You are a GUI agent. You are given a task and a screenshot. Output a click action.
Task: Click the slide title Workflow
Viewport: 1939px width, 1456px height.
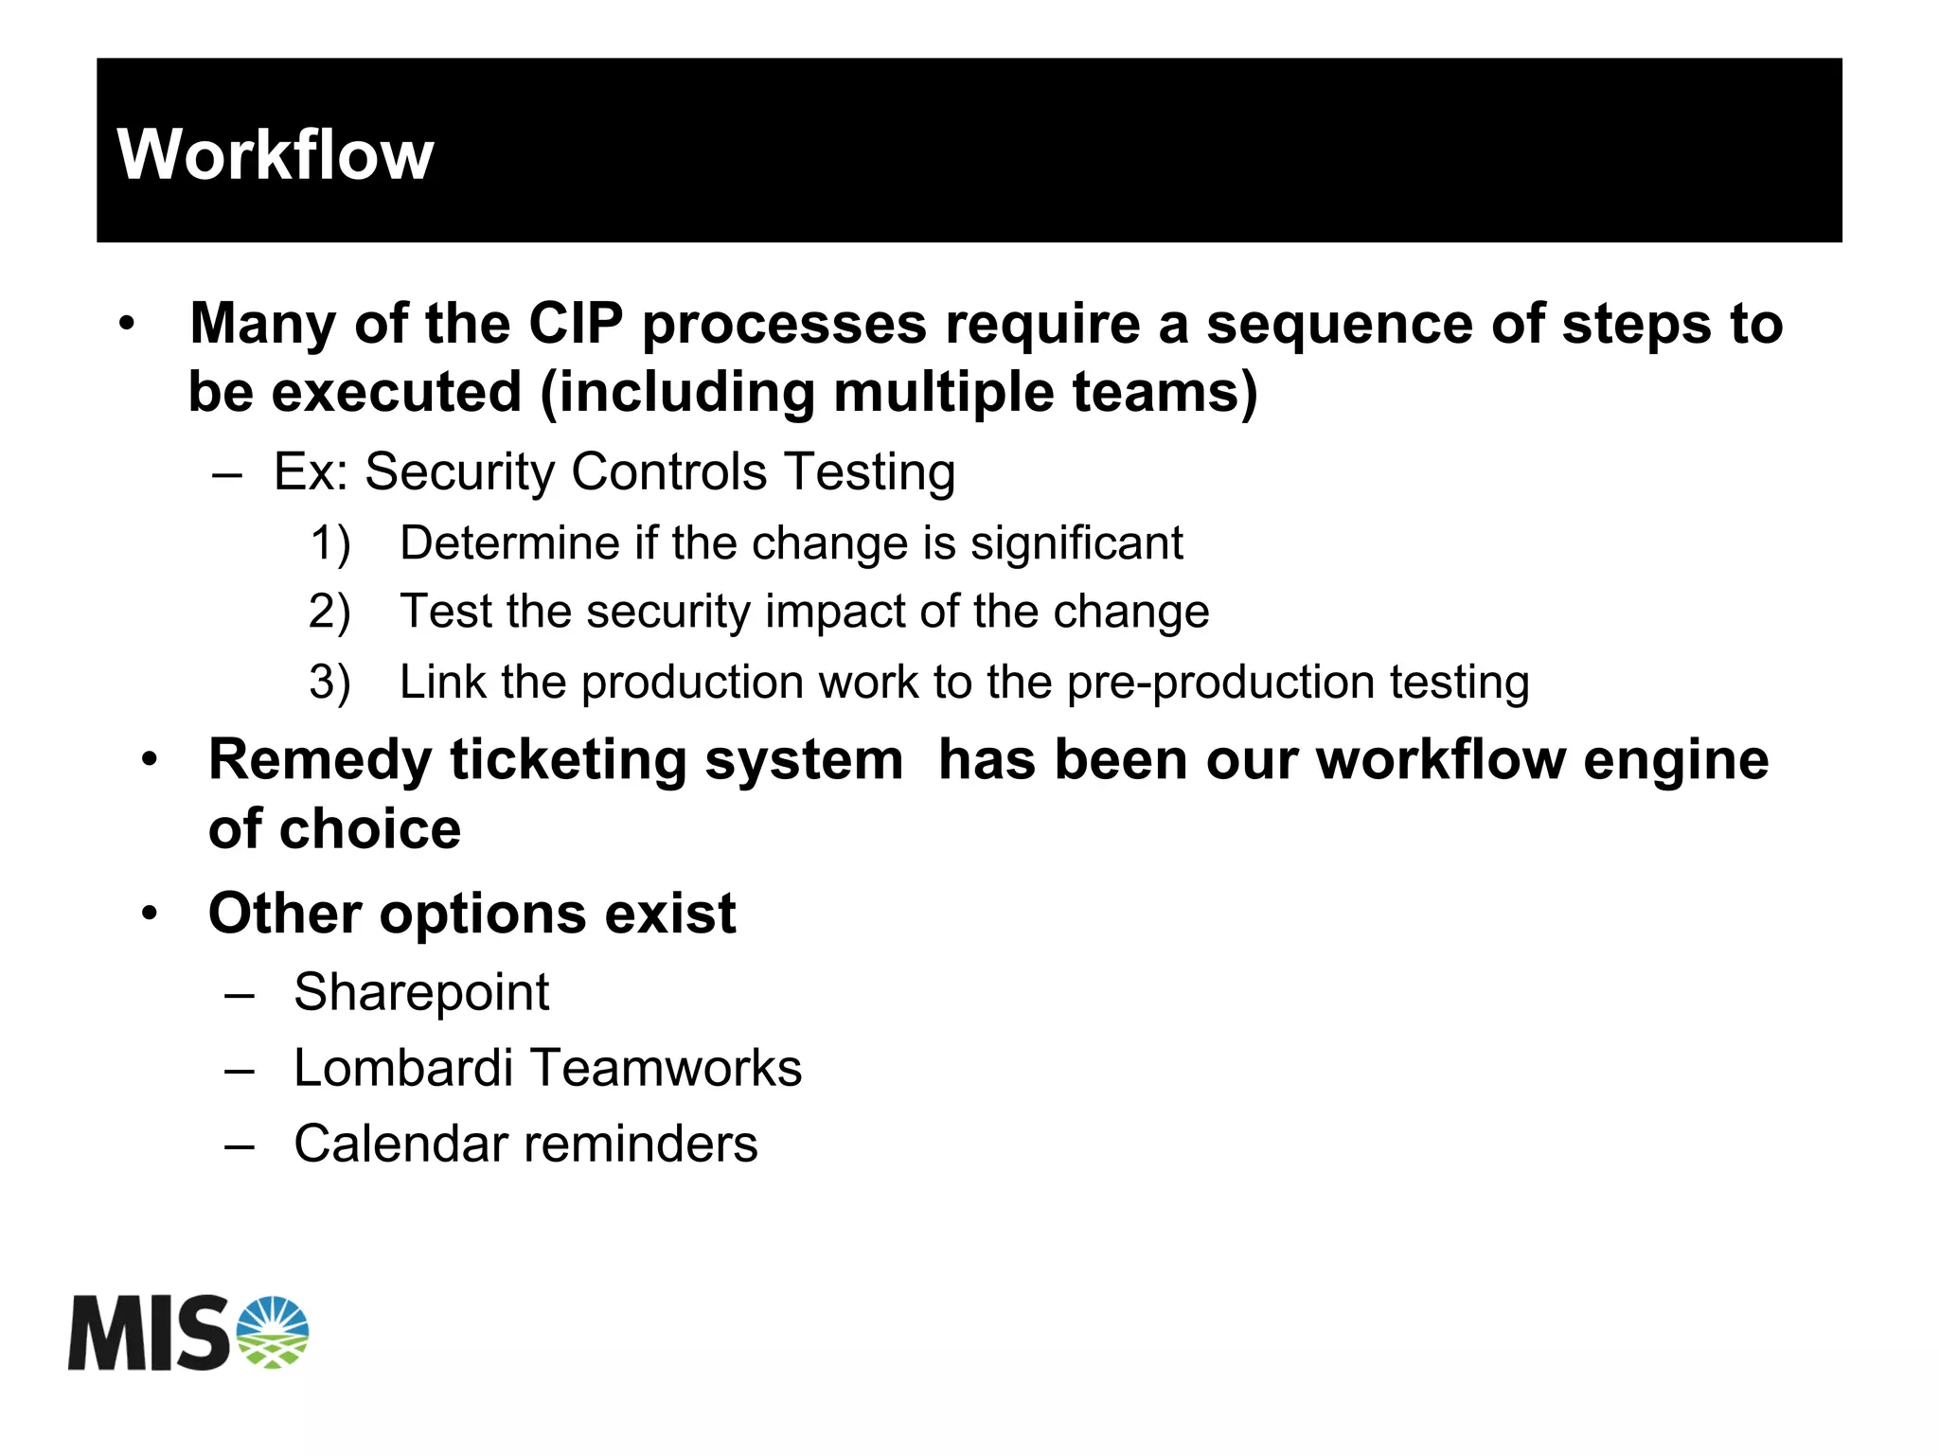tap(275, 154)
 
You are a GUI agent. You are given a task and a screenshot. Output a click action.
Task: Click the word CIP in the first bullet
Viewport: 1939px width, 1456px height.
tap(576, 324)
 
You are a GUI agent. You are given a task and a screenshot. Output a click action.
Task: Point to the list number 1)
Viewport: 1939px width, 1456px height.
tap(330, 544)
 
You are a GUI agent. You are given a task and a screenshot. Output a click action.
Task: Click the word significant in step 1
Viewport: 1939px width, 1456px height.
tap(1076, 544)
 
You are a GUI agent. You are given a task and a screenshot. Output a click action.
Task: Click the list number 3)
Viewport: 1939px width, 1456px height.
tap(329, 683)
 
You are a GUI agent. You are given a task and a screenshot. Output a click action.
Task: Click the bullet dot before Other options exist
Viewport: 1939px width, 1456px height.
tap(150, 914)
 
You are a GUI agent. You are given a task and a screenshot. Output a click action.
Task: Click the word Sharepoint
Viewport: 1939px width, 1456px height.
tap(421, 993)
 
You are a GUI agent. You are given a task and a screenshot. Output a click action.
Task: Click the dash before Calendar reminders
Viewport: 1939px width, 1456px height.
tap(240, 1146)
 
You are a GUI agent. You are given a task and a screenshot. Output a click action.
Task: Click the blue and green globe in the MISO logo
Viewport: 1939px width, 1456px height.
tap(273, 1333)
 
